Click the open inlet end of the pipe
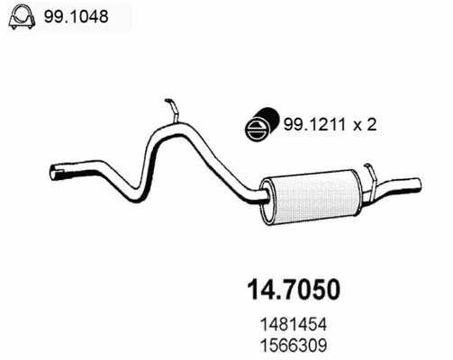[x=55, y=171]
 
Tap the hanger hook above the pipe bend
[x=172, y=111]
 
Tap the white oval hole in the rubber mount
[x=257, y=129]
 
